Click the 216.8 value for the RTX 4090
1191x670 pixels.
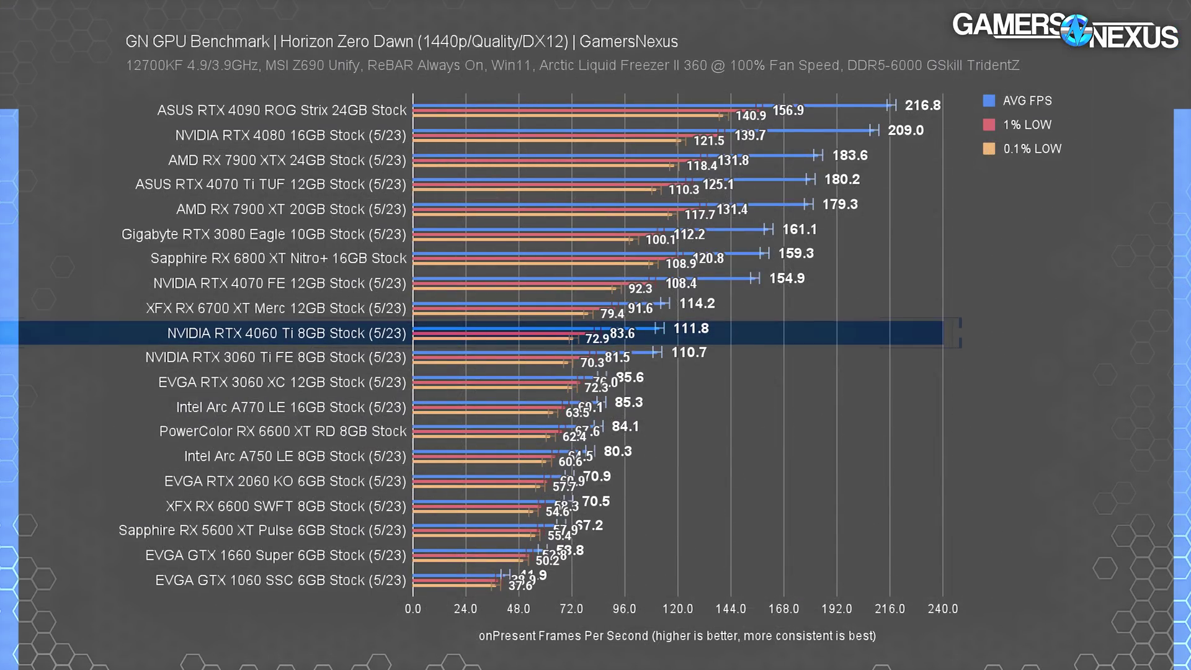(x=922, y=105)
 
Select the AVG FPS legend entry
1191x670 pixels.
(x=1027, y=100)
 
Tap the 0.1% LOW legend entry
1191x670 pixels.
(x=1032, y=149)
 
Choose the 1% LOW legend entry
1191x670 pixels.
(x=1027, y=125)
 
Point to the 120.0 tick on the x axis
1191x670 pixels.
(x=677, y=609)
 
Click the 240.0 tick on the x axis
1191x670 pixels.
(x=942, y=609)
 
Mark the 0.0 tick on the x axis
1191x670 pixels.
(x=413, y=609)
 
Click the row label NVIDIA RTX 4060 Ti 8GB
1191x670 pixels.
(x=287, y=334)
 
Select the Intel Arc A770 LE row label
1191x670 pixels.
(x=291, y=408)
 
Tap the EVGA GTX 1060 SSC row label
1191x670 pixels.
(x=280, y=581)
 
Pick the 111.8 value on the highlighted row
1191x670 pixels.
(x=691, y=329)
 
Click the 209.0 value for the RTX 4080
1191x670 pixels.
(x=906, y=130)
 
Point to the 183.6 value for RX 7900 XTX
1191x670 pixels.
(x=850, y=155)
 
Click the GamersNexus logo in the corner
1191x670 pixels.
(x=1064, y=30)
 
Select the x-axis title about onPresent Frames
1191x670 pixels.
(x=677, y=636)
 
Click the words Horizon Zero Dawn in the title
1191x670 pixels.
(x=347, y=42)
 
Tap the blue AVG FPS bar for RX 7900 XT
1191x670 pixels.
(x=608, y=204)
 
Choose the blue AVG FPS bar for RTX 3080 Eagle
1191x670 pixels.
(x=589, y=230)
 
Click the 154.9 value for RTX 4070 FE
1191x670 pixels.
(x=787, y=279)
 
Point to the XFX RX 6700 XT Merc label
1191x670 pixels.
(x=276, y=308)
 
